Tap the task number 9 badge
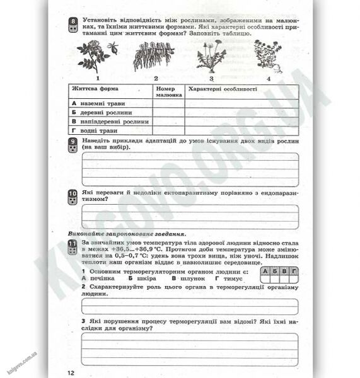pyautogui.click(x=73, y=145)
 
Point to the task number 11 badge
pyautogui.click(x=73, y=247)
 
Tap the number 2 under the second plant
pyautogui.click(x=156, y=79)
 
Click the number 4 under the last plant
pyautogui.click(x=268, y=79)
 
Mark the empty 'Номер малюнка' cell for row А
pyautogui.click(x=169, y=103)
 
